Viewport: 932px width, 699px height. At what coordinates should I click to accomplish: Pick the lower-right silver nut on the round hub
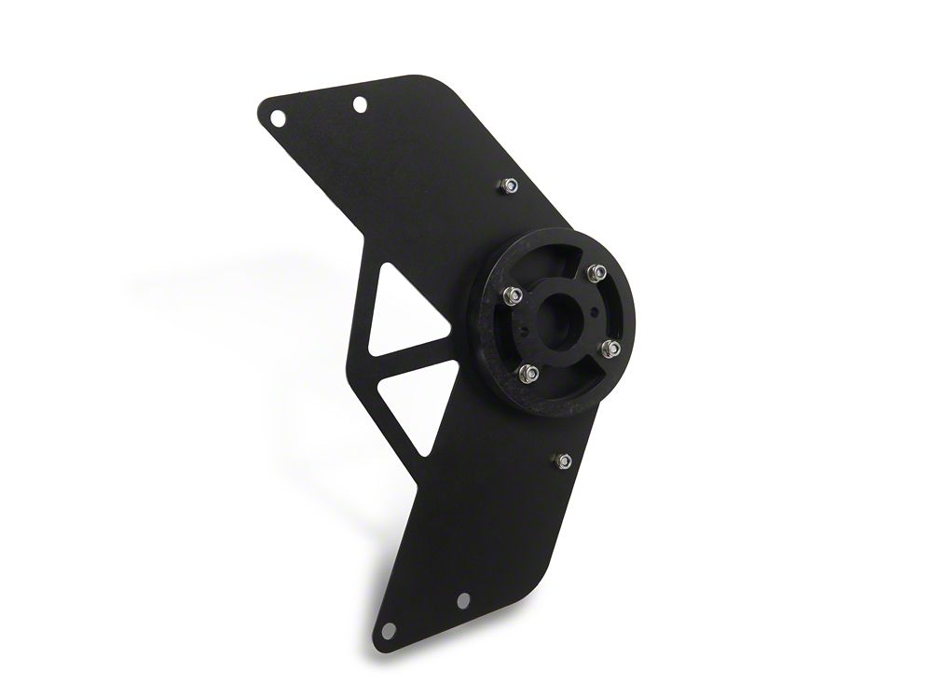611,348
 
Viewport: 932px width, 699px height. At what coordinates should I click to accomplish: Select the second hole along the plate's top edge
360,104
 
